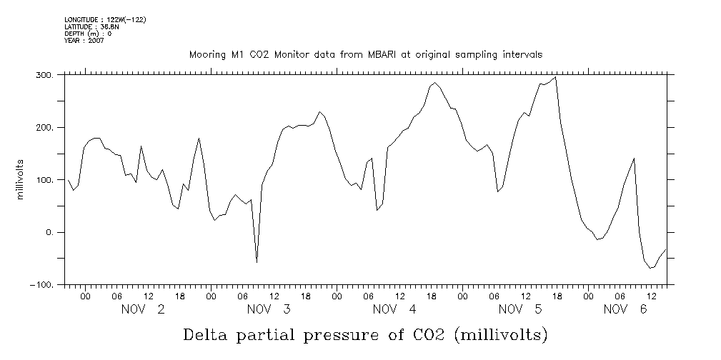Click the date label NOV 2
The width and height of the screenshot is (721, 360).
pos(143,309)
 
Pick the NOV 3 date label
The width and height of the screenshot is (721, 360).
pos(269,309)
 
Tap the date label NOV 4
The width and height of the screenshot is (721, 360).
pos(394,309)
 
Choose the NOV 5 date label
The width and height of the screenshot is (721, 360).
pos(520,309)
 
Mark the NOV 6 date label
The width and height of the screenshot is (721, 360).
pos(625,309)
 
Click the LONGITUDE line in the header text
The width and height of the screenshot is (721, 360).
pos(105,19)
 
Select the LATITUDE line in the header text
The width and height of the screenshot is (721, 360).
pos(91,26)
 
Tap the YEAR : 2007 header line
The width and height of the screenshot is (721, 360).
pos(84,41)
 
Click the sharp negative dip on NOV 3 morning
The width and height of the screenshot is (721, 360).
pos(257,262)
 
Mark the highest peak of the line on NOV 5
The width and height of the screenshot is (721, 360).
pos(555,77)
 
